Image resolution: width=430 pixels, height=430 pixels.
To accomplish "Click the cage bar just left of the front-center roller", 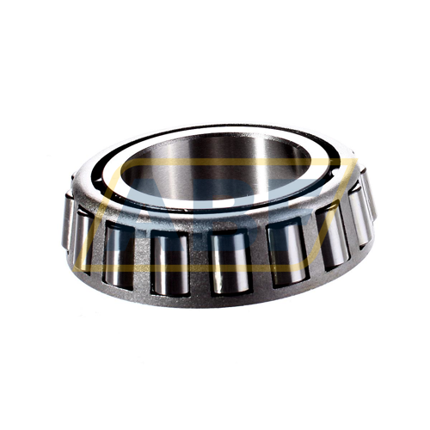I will (200, 258).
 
